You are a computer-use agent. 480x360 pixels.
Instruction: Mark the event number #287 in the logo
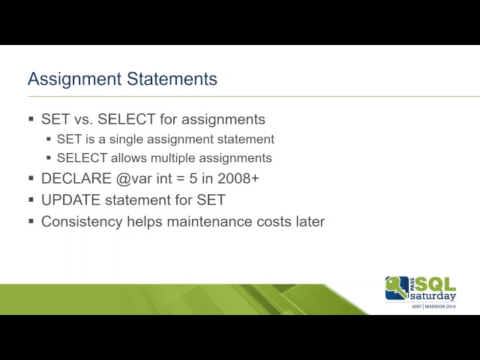point(417,307)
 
